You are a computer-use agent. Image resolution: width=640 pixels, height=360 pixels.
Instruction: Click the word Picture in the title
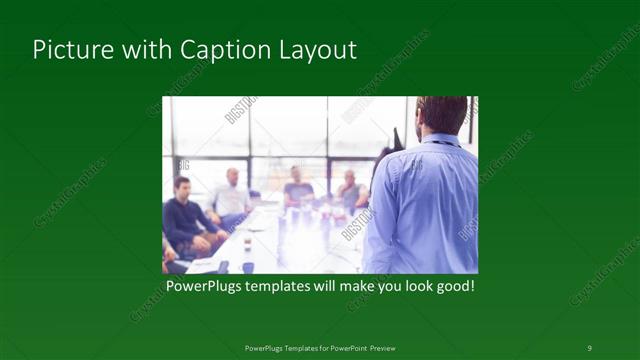point(67,51)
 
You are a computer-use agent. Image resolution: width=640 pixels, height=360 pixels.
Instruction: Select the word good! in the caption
point(451,286)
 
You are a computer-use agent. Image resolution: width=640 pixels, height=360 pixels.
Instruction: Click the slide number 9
point(589,347)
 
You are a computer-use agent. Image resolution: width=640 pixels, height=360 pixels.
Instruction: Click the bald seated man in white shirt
point(232,195)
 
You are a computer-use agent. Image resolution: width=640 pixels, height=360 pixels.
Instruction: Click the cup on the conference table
point(246,244)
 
